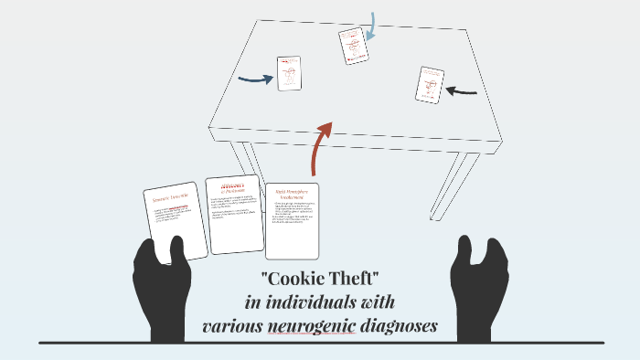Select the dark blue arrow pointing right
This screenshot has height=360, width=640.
click(255, 79)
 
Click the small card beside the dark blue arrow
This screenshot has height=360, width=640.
click(290, 73)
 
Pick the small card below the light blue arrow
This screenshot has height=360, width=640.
click(353, 46)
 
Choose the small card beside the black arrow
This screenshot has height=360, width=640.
click(429, 85)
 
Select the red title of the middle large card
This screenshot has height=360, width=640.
click(235, 187)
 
